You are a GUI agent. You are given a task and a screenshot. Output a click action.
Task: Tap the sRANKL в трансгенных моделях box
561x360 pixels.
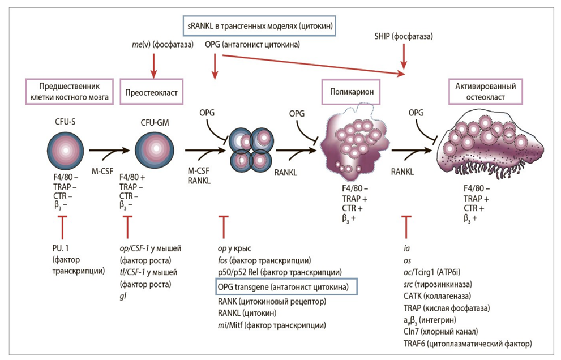point(260,25)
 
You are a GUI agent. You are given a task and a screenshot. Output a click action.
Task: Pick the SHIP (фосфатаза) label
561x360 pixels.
point(404,36)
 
